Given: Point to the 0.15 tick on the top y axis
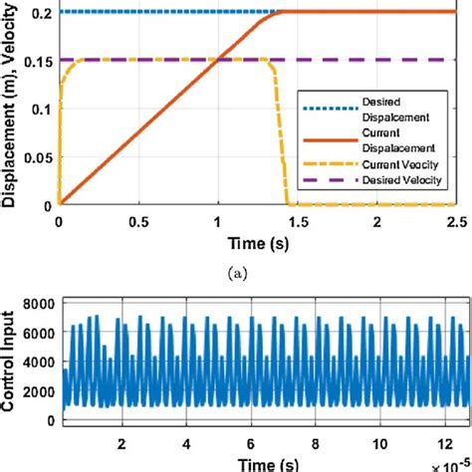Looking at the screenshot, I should pos(35,60).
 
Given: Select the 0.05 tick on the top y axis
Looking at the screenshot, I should pos(35,157).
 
